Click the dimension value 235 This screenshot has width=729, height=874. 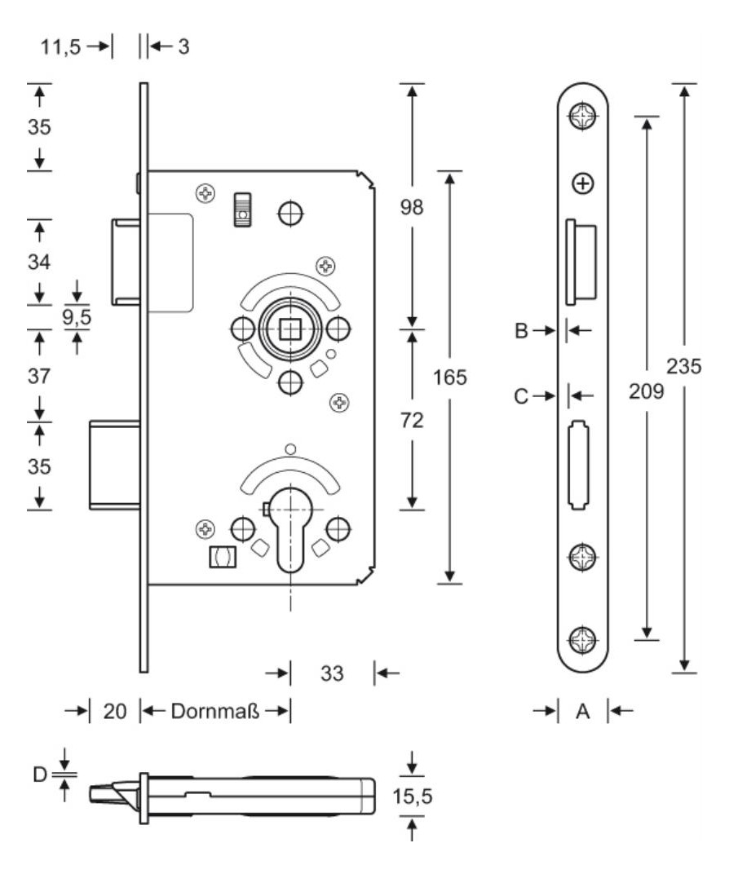point(684,366)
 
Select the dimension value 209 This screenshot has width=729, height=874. point(647,391)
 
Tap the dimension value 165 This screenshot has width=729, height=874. point(450,377)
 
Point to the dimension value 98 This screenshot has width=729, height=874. point(412,207)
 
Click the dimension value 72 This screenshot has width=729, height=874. point(412,420)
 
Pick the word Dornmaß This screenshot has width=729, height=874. point(215,711)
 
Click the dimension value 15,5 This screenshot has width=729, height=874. point(413,796)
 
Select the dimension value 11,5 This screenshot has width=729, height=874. point(60,46)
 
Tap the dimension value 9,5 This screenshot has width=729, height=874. point(77,316)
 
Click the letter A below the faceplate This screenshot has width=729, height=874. point(582,711)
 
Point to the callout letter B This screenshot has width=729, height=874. point(521,330)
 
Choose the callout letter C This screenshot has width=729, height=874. point(521,396)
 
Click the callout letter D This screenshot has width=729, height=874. point(40,774)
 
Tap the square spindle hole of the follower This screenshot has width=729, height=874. point(290,329)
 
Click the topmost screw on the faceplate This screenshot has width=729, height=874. point(583,116)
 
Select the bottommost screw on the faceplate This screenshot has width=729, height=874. point(583,639)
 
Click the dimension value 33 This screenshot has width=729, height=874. point(332,673)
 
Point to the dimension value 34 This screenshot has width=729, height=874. point(39,262)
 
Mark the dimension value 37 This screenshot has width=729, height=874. point(39,376)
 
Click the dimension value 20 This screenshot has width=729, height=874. point(115,711)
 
